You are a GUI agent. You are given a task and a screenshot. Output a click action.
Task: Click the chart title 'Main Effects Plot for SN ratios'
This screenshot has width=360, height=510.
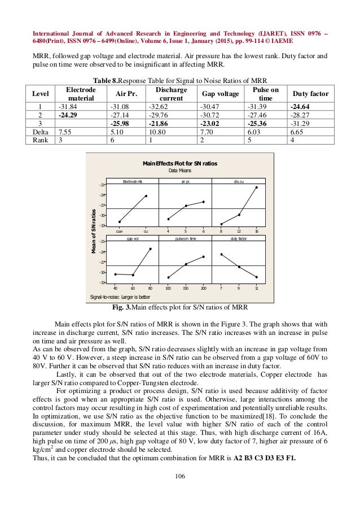(180, 163)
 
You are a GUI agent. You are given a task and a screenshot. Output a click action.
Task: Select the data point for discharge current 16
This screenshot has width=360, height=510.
(256, 188)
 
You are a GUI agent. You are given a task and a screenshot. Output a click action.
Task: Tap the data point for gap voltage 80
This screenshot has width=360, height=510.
(150, 249)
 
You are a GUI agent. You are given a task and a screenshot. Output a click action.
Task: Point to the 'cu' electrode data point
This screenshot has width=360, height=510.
(146, 196)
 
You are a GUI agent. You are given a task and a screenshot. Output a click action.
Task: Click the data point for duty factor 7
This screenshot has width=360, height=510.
(221, 254)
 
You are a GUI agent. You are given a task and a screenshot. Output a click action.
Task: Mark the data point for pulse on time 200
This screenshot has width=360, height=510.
(203, 256)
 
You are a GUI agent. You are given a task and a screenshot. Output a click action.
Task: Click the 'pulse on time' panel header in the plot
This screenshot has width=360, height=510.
(185, 239)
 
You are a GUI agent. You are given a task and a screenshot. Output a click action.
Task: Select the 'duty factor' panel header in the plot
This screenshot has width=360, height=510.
(239, 239)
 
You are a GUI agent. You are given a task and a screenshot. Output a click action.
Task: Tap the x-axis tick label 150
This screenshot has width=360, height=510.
(186, 287)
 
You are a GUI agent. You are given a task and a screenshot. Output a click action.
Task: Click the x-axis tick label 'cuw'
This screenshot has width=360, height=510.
(119, 231)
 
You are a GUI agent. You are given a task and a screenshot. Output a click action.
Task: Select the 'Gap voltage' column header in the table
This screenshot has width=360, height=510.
(218, 93)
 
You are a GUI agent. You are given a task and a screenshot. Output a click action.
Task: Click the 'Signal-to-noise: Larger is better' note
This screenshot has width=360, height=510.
(120, 297)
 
